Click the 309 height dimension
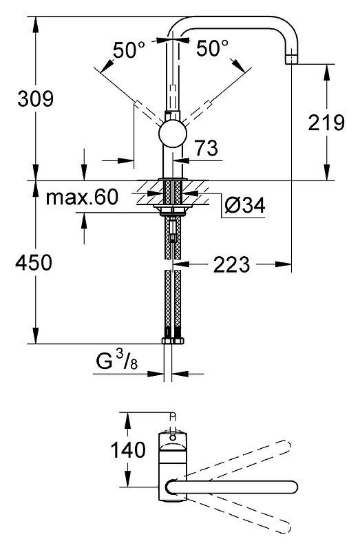[36, 98]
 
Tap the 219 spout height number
[326, 123]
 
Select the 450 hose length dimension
[34, 262]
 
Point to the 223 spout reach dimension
[231, 264]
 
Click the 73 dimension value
[207, 148]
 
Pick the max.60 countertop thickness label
[82, 197]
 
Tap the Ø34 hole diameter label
[245, 205]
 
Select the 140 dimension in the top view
[128, 450]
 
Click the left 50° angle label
[129, 50]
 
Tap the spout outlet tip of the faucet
[292, 60]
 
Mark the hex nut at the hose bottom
[173, 341]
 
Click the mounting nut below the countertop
[173, 211]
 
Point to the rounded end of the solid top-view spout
[294, 487]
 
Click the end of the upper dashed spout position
[288, 445]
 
